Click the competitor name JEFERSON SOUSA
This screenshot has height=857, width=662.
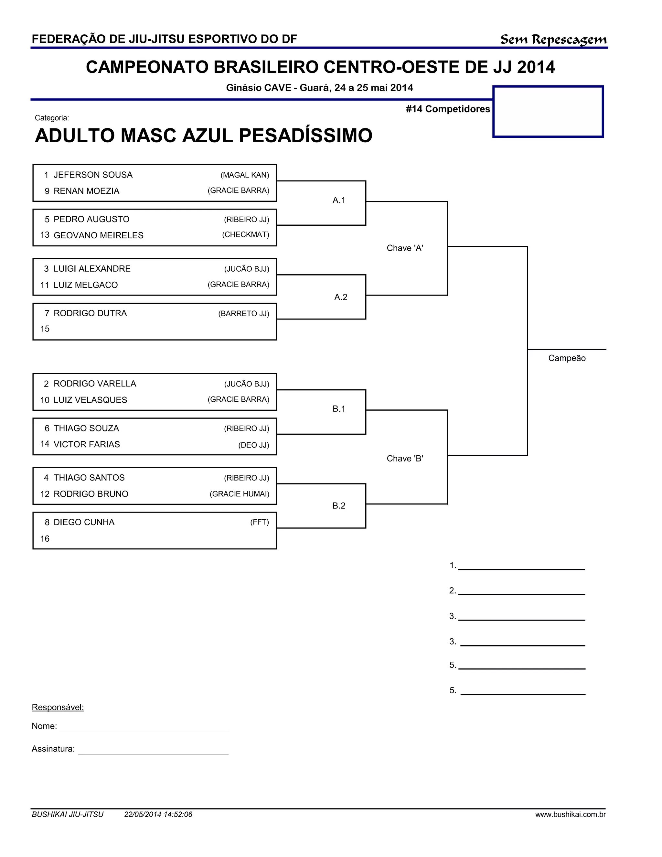click(x=93, y=175)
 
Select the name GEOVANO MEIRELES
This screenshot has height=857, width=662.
click(x=99, y=235)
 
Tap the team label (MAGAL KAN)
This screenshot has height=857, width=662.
click(x=245, y=175)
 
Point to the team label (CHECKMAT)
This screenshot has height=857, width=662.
click(x=246, y=235)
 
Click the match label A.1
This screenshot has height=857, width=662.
click(x=339, y=201)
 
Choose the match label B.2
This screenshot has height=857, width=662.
click(x=339, y=506)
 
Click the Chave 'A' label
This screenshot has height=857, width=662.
click(x=405, y=248)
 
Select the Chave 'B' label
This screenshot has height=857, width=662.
click(x=405, y=459)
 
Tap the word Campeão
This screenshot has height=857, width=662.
click(x=567, y=358)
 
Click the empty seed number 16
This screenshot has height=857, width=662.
click(x=45, y=539)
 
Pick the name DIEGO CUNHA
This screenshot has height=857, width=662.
click(x=84, y=522)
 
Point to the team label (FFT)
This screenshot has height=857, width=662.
click(x=260, y=522)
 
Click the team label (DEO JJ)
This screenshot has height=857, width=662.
click(x=254, y=445)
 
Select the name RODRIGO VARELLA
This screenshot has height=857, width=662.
click(x=95, y=384)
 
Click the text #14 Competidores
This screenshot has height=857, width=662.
click(x=448, y=109)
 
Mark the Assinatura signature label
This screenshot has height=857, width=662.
click(x=53, y=749)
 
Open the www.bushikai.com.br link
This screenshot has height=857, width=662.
click(x=570, y=815)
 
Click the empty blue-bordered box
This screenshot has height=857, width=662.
click(x=548, y=112)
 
